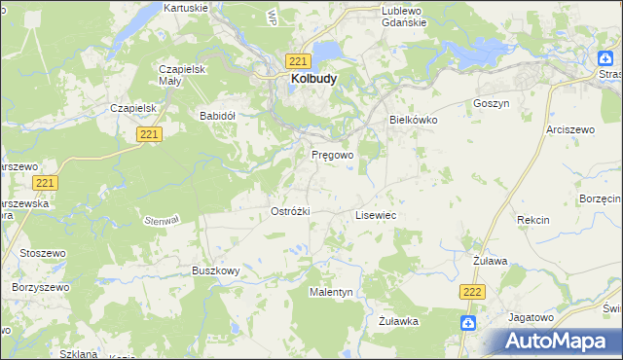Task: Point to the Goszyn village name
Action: tap(491, 103)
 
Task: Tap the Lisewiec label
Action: tap(375, 214)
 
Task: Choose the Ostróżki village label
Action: tap(289, 211)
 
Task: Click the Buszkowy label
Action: tap(215, 270)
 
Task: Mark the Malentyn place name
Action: tap(331, 292)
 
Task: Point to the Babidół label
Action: tap(218, 115)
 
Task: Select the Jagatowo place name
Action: tap(531, 317)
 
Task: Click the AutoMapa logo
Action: tap(556, 341)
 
